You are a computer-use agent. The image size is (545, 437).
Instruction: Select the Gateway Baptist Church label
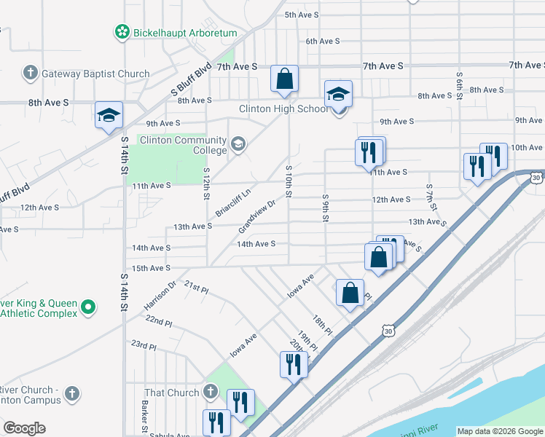click(x=95, y=74)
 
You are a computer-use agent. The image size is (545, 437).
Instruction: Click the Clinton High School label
click(x=284, y=109)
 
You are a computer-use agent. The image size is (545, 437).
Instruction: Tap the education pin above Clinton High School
click(x=338, y=95)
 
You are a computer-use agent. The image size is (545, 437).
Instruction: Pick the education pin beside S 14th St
click(x=109, y=116)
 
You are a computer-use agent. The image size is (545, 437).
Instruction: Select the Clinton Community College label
click(x=183, y=145)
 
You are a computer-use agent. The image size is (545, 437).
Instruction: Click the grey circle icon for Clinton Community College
click(x=238, y=143)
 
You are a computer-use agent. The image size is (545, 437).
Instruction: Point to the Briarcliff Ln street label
click(x=233, y=202)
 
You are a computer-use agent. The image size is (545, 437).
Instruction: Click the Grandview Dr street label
click(x=257, y=216)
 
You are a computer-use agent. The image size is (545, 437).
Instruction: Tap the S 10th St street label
click(x=289, y=185)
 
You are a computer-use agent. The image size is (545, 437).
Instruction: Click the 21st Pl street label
click(x=197, y=288)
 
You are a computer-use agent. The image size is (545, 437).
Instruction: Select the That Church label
click(x=171, y=393)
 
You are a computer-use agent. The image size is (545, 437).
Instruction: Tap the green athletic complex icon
click(x=88, y=307)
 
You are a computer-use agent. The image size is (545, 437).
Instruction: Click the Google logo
click(x=24, y=428)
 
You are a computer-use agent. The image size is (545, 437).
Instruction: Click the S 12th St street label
click(x=206, y=186)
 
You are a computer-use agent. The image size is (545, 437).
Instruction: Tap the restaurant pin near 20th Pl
click(x=294, y=364)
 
